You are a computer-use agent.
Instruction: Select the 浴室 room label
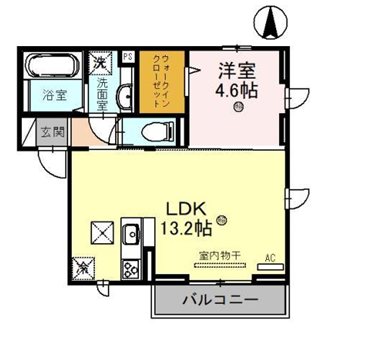point(53,97)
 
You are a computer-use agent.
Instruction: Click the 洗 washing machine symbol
point(101,65)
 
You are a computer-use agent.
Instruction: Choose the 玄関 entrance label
point(50,131)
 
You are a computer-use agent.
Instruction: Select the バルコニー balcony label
point(218,301)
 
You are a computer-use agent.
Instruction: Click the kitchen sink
point(130,235)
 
